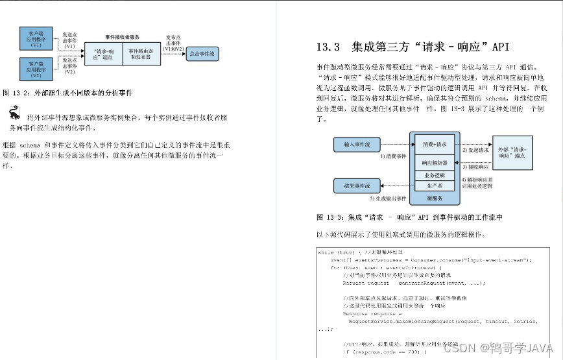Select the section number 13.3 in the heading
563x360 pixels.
(x=328, y=47)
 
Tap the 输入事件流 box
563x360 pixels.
(x=356, y=144)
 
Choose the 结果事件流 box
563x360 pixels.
(x=356, y=186)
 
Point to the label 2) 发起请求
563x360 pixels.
(x=475, y=149)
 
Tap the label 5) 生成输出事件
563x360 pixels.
(x=389, y=198)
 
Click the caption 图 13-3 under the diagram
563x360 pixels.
(x=409, y=217)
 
